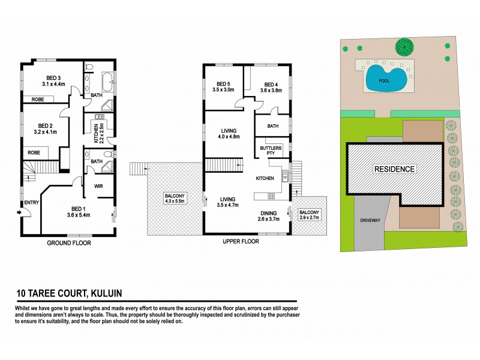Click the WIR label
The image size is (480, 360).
99,187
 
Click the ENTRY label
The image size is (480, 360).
32,203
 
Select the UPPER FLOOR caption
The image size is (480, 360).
240,241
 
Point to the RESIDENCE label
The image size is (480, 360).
395,169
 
